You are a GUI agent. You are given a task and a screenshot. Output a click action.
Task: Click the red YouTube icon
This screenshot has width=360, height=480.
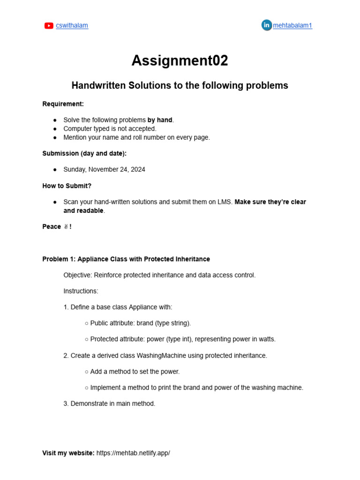(x=49, y=26)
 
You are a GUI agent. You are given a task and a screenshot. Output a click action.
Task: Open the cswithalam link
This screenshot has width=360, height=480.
(x=72, y=26)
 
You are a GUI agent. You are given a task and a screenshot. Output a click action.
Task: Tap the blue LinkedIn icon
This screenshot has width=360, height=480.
(x=266, y=25)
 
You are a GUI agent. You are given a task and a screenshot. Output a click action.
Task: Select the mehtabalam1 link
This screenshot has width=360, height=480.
(x=292, y=26)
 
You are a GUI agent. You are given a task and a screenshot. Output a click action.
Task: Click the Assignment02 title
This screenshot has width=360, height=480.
(x=180, y=60)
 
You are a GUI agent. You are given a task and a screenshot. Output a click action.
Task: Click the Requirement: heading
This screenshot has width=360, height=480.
(x=63, y=104)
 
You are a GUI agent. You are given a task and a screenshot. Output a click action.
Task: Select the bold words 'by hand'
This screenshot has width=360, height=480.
(x=160, y=120)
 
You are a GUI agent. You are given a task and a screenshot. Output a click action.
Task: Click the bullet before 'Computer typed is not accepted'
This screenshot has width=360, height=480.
(x=55, y=129)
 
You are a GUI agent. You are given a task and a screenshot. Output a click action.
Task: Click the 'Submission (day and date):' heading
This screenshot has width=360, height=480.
(x=84, y=154)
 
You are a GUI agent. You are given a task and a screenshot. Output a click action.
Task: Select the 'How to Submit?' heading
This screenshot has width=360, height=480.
(x=67, y=186)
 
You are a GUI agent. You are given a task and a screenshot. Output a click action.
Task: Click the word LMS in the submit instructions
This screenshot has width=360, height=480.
(x=225, y=202)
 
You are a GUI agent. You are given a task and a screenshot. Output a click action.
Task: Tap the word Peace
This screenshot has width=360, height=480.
(x=52, y=227)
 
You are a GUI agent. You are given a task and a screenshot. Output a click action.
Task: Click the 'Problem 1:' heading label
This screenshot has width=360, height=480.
(x=59, y=259)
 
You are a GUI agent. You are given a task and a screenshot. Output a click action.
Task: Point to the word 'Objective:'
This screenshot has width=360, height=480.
(x=77, y=275)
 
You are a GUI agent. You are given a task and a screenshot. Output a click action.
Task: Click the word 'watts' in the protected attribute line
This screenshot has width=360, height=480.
(x=267, y=339)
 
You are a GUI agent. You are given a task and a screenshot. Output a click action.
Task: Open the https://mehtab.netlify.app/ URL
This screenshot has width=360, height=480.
(x=133, y=453)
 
